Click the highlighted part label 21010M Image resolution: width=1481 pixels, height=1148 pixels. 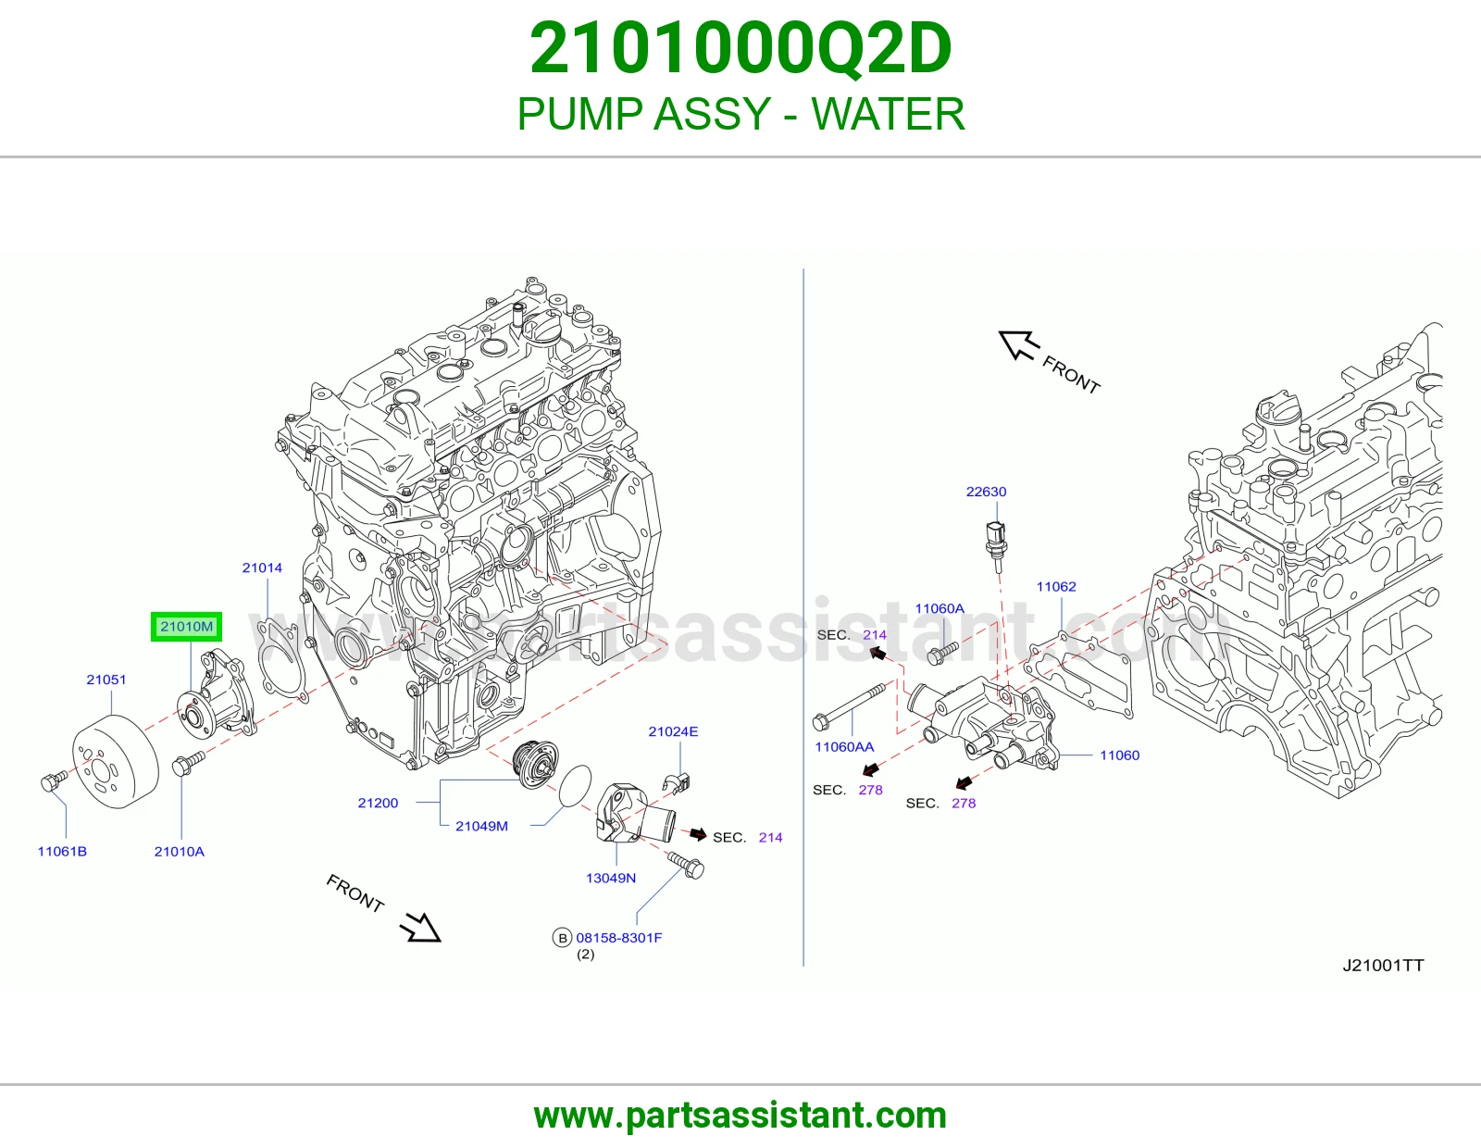click(186, 627)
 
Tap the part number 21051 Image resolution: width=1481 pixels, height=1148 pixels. click(106, 679)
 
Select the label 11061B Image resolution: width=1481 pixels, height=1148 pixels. click(62, 851)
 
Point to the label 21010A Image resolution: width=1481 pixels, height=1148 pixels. click(180, 851)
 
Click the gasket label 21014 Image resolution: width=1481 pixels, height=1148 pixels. click(262, 568)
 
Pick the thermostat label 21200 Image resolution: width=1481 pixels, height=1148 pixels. click(378, 803)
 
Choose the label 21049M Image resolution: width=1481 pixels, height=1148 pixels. click(482, 826)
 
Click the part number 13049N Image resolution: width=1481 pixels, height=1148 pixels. click(611, 878)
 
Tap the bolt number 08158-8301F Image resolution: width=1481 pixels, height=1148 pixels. click(619, 937)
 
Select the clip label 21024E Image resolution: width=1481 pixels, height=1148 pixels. click(673, 731)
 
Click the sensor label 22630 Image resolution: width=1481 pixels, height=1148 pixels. click(986, 492)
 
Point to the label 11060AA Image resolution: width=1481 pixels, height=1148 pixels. click(844, 746)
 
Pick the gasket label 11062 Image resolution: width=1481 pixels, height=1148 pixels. click(1056, 586)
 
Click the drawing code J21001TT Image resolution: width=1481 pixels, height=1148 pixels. click(1383, 965)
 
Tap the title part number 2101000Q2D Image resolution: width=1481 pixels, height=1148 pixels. click(740, 48)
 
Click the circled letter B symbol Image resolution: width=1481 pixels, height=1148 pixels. click(562, 938)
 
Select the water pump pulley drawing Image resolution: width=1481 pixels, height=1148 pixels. click(115, 761)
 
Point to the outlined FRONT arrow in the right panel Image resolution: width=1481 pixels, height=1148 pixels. click(1019, 344)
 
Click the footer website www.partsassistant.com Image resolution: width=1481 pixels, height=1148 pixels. click(740, 1116)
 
